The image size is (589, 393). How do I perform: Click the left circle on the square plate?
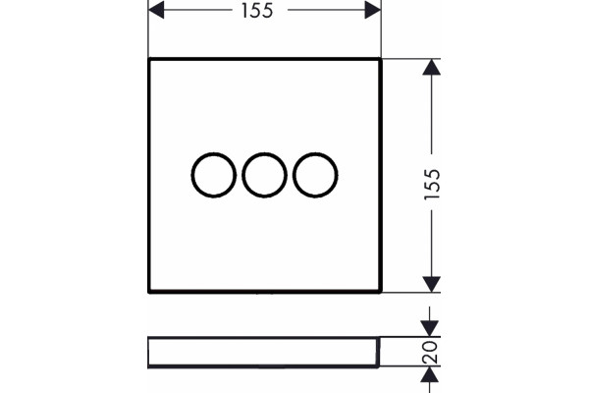coord(191,175)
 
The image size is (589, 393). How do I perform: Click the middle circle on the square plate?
coord(242,175)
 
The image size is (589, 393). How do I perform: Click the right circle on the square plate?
coord(293,175)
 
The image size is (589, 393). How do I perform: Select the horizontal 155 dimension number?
coord(257,11)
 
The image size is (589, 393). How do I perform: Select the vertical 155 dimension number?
coord(432,185)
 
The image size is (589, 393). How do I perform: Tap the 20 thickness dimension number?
coord(430,353)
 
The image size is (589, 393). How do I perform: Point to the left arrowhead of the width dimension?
coord(156,10)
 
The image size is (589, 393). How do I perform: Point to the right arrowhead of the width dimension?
coord(373,10)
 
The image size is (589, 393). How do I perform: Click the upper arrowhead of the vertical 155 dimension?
coord(432,67)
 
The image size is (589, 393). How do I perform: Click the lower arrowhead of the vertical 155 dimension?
coord(432,284)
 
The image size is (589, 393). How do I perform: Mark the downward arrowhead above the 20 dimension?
coord(429,328)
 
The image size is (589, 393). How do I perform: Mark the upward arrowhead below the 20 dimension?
coord(429,374)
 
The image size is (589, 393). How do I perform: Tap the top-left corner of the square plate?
coord(149,59)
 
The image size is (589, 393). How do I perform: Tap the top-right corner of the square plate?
coord(381,59)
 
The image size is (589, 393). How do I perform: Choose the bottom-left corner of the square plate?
coord(149,292)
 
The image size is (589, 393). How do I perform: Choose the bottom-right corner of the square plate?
coord(381,292)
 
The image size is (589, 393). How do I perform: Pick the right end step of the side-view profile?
coord(378,352)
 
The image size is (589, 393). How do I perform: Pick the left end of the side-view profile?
coord(149,353)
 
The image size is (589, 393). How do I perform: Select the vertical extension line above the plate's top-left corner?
coord(148,28)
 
